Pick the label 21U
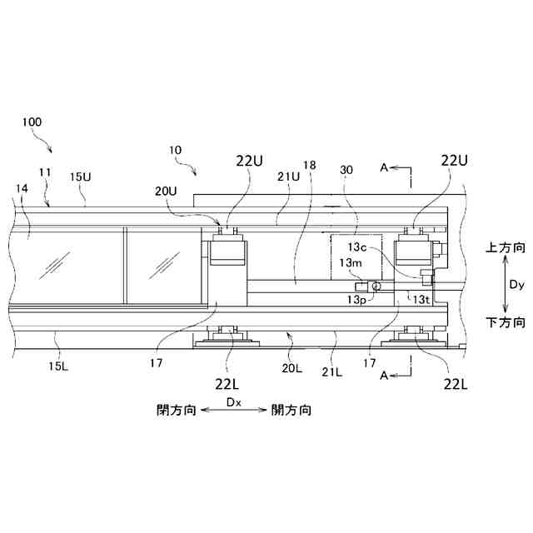(289, 177)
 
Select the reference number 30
(346, 171)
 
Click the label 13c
(359, 248)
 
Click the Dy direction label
(517, 284)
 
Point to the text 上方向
(506, 248)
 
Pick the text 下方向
(506, 321)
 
